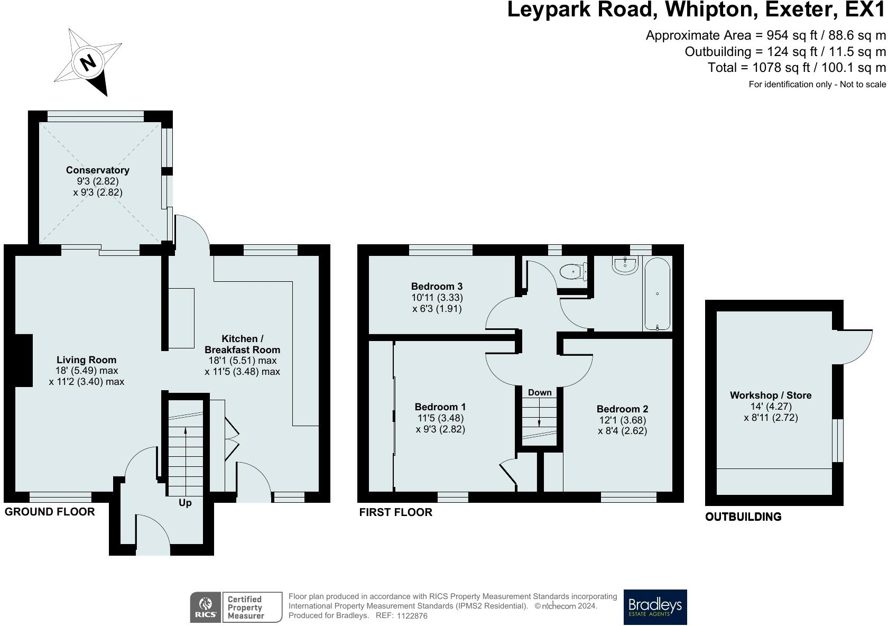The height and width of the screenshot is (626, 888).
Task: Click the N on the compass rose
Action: [x=88, y=62]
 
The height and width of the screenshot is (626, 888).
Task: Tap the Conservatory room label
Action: [x=97, y=170]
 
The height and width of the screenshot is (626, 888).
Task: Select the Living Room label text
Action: [x=87, y=360]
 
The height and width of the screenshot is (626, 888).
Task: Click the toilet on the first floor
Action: [x=573, y=271]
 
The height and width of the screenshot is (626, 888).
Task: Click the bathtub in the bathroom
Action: [x=657, y=294]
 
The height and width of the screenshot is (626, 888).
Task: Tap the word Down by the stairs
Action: [x=540, y=392]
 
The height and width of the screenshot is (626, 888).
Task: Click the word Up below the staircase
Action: [x=185, y=503]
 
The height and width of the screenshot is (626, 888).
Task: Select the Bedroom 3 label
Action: [x=437, y=286]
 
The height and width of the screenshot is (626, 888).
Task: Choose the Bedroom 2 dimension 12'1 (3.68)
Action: [x=623, y=420]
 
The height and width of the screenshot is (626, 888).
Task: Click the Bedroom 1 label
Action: [x=440, y=407]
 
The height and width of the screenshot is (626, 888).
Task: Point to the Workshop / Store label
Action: [x=771, y=395]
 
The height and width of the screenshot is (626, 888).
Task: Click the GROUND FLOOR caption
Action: [x=50, y=512]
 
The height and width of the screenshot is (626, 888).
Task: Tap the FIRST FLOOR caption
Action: [x=395, y=512]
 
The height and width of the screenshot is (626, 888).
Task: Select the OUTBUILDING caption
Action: [x=743, y=517]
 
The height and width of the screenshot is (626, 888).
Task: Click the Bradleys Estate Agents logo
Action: [x=655, y=607]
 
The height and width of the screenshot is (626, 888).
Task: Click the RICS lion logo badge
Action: [x=206, y=607]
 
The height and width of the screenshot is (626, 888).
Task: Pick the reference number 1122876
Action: [x=412, y=616]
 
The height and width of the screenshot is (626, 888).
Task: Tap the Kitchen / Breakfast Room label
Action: [x=242, y=344]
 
